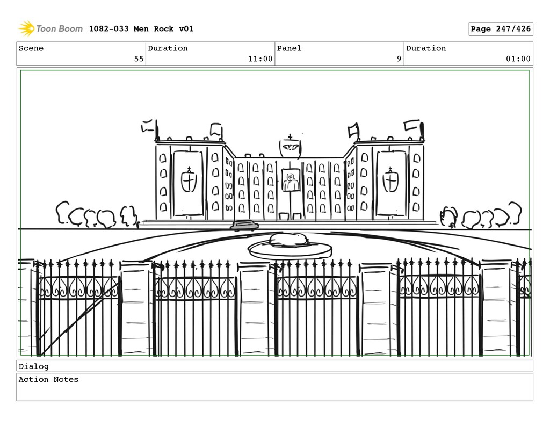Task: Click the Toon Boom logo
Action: click(x=50, y=28)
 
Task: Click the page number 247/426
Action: click(x=501, y=29)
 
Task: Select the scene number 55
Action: click(x=139, y=59)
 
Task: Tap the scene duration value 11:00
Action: click(x=260, y=59)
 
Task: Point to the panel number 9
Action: click(x=399, y=59)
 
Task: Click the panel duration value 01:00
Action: click(x=518, y=59)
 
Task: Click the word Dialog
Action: click(x=33, y=366)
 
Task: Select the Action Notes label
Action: click(x=48, y=379)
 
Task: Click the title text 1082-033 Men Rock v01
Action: click(x=141, y=29)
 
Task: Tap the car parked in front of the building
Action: click(x=244, y=226)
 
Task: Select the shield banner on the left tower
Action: click(x=188, y=182)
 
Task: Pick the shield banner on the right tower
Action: click(x=390, y=182)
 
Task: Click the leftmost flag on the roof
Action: click(x=147, y=127)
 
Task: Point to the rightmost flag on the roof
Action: click(x=412, y=125)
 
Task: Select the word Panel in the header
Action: click(x=289, y=48)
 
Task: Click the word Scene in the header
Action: click(x=31, y=48)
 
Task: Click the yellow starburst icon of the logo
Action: click(x=26, y=28)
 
